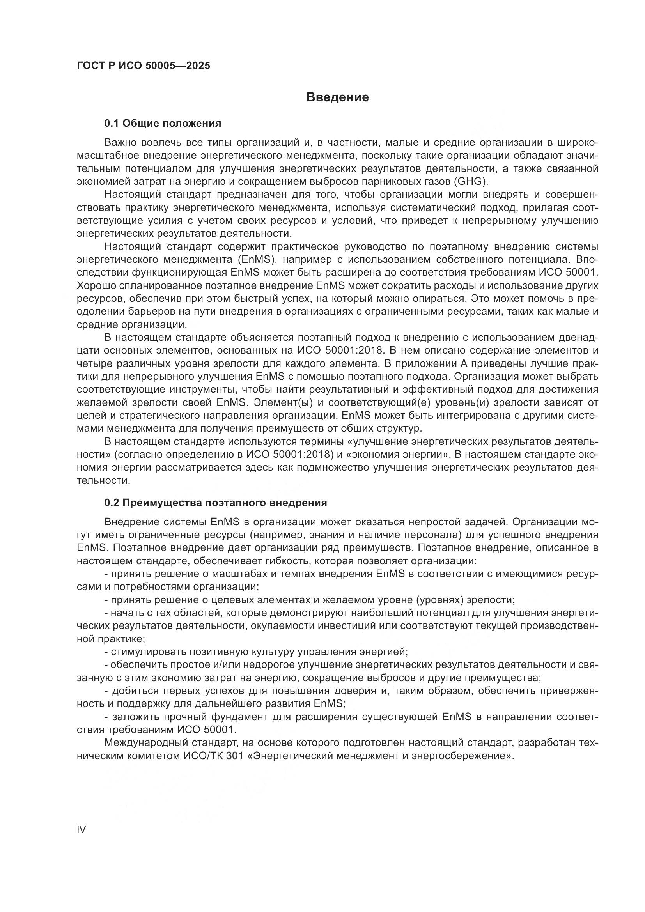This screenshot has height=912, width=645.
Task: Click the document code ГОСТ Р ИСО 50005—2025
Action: click(144, 66)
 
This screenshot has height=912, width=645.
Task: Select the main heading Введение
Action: click(338, 97)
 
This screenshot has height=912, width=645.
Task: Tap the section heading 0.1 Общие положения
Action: click(163, 124)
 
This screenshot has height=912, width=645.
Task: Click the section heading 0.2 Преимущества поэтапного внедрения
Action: click(216, 503)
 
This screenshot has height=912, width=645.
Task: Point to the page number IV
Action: click(81, 829)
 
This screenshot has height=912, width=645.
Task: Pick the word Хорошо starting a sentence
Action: click(94, 285)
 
